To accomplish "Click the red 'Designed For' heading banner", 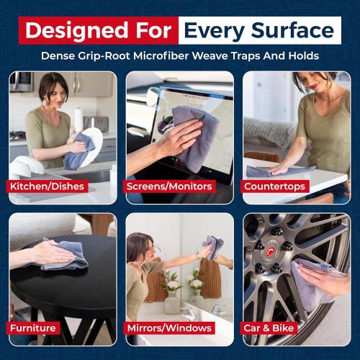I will tap(97, 30).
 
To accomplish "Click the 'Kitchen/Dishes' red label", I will tap(48, 186).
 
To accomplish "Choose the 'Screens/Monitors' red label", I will tap(169, 186).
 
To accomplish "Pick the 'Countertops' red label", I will tap(275, 186).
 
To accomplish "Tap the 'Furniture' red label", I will tap(33, 328).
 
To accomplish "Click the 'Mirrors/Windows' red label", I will tap(170, 328).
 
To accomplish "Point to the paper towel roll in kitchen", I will tap(78, 119).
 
